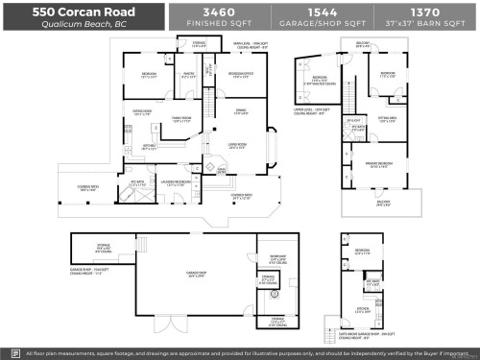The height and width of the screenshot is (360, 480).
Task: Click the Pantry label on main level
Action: [189, 73]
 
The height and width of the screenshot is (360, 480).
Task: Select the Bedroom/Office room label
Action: [240, 73]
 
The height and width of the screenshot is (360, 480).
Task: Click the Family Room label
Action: [182, 118]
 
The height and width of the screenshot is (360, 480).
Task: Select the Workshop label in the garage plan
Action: [277, 257]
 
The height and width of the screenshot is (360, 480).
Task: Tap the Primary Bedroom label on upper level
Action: [386, 164]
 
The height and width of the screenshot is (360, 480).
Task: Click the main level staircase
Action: [221, 172]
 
